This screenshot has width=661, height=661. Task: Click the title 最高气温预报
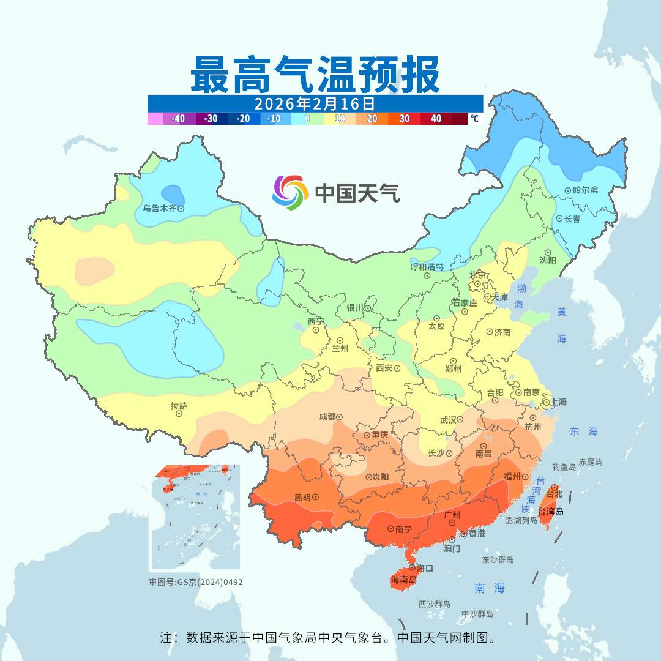point(315,75)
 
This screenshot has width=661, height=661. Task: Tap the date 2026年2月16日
point(315,102)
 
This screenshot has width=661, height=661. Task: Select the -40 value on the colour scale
point(179,119)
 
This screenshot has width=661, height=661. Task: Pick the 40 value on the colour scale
point(436,119)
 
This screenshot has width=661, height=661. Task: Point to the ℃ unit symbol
point(474,119)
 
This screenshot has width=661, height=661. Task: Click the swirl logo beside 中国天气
point(289,192)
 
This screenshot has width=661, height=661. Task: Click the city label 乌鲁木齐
point(159,209)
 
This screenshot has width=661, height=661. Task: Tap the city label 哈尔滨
point(586,190)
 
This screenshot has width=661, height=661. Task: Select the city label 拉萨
point(179,405)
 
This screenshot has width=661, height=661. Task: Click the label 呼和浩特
point(427,267)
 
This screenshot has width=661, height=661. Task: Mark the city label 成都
point(327,417)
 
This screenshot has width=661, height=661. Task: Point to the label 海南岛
point(404,579)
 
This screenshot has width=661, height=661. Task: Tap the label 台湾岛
point(551,512)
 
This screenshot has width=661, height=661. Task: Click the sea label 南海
point(490,588)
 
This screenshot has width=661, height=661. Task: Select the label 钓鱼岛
point(564,467)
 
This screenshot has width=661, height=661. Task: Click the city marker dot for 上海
point(545,403)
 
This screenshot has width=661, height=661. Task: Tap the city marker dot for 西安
point(397,368)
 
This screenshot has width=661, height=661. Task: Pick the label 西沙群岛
point(435,604)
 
